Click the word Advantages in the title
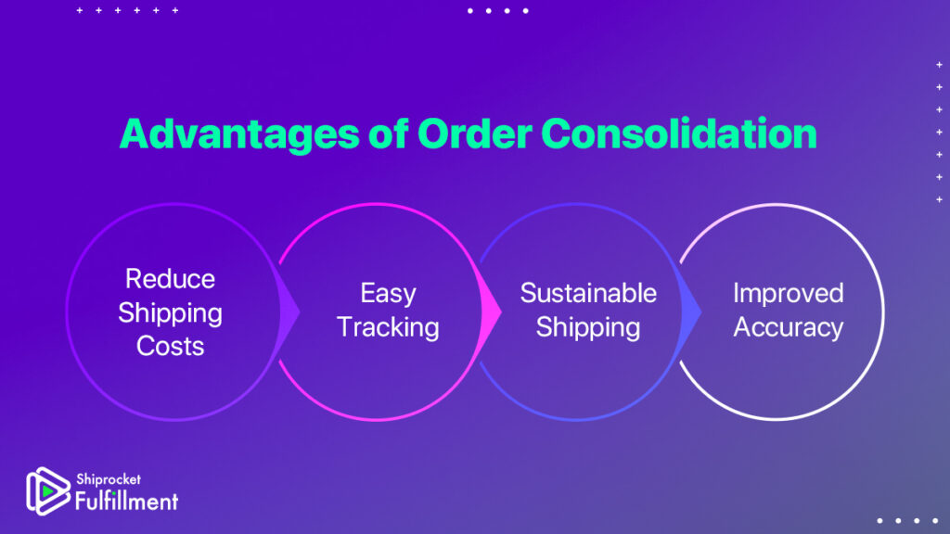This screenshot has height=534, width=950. tap(239, 134)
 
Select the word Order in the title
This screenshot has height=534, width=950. tap(474, 133)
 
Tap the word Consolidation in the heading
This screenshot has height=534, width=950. tap(678, 133)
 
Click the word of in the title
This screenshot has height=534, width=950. tap(389, 133)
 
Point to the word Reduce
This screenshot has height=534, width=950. tap(170, 279)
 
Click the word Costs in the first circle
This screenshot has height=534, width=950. tap(170, 347)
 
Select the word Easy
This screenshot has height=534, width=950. tap(388, 294)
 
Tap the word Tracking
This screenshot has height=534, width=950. tap(388, 327)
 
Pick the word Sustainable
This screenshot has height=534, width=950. tap(588, 294)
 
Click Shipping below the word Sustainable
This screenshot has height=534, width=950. tap(587, 327)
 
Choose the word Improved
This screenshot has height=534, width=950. tap(789, 294)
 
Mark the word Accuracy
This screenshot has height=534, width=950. tap(789, 327)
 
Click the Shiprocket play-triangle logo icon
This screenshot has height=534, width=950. tap(47, 491)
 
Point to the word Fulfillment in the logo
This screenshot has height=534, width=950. tap(126, 501)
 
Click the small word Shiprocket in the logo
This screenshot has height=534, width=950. tap(109, 479)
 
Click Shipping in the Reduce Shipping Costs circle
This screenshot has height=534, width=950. tap(170, 313)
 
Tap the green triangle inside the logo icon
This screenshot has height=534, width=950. tap(47, 491)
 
